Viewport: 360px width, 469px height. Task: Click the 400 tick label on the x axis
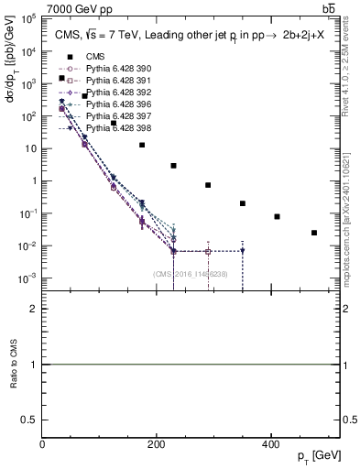tap(270, 444)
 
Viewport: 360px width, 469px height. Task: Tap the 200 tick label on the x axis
tap(157, 444)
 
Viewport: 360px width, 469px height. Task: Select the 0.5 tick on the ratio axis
tap(33, 419)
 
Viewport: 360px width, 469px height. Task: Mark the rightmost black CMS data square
tap(314, 233)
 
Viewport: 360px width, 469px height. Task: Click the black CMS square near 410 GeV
tap(277, 217)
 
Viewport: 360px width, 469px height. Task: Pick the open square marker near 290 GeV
tap(208, 251)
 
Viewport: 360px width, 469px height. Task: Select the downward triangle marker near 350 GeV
tap(243, 251)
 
